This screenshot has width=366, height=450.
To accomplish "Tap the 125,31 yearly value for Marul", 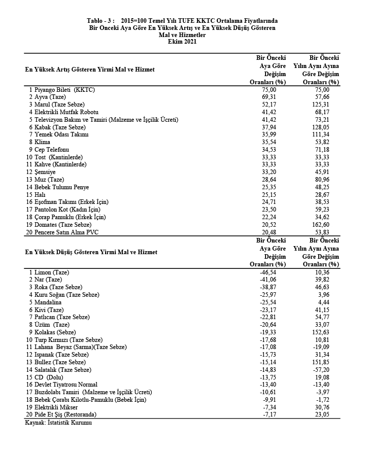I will pos(328,104).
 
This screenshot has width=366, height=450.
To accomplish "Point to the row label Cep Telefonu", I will pos(52,149).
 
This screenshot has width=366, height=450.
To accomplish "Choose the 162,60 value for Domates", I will pos(328,224).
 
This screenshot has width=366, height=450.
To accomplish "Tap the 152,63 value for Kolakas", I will pos(328,332).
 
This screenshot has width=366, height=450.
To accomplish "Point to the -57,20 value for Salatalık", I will pos(329,370).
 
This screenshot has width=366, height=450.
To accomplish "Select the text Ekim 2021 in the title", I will pos(182,42).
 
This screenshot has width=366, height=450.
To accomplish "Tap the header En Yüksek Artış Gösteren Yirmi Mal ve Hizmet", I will pos(90,69).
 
